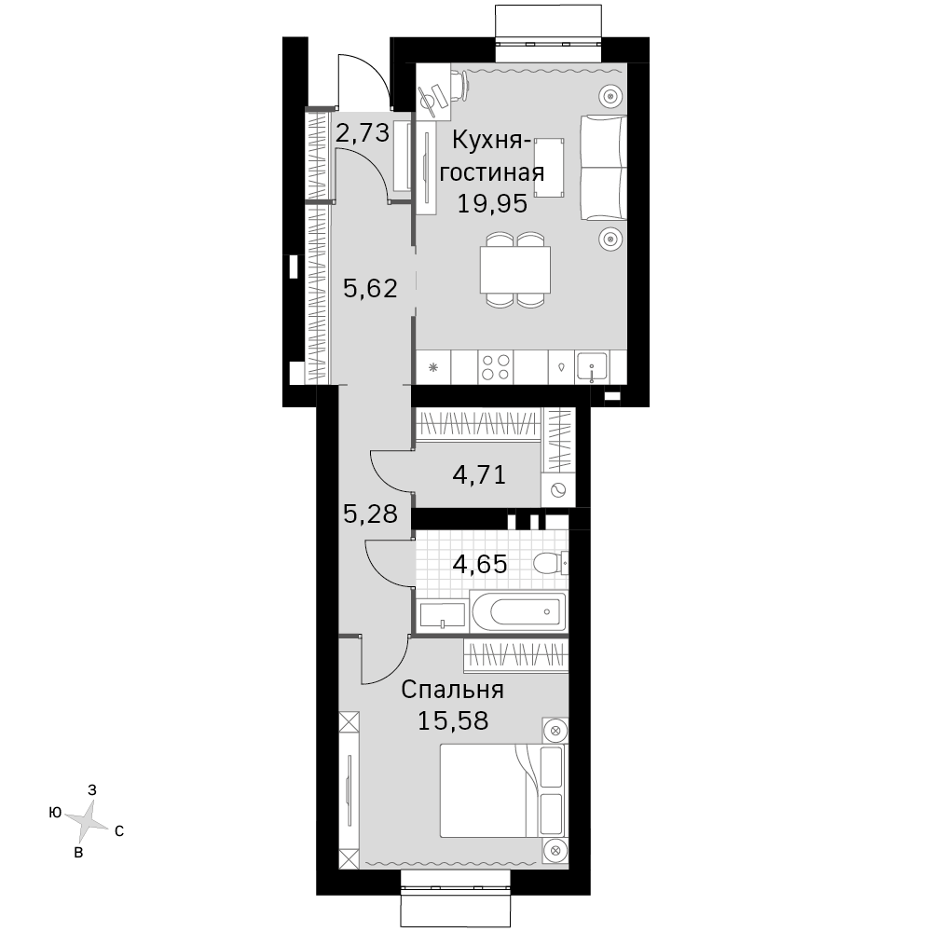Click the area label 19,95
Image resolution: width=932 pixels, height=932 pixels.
(492, 204)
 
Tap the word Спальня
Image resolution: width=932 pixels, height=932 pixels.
(452, 690)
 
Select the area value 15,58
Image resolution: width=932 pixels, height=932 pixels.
(453, 720)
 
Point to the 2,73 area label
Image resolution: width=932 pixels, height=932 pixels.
(363, 132)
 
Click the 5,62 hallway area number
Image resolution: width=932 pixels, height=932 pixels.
(370, 288)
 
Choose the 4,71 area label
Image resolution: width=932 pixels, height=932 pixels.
(479, 474)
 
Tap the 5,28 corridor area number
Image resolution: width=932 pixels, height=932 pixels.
(370, 513)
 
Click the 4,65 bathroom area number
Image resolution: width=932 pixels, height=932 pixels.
(480, 564)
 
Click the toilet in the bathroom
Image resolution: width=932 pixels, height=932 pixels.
(551, 563)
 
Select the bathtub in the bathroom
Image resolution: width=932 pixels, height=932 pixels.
(517, 611)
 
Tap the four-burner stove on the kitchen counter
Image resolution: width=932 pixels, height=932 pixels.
(496, 366)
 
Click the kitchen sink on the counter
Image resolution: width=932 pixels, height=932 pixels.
(592, 366)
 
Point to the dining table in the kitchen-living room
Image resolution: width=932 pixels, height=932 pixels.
(514, 269)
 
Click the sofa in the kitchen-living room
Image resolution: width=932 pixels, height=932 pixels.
(603, 168)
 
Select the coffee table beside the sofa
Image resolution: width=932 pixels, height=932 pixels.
(549, 168)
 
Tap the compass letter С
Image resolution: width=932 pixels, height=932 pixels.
(119, 831)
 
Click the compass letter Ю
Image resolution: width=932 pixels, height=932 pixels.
(55, 813)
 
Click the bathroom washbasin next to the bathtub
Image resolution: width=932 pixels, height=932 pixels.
(443, 614)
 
